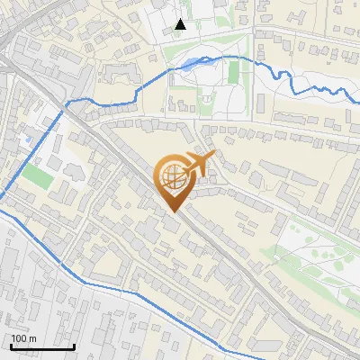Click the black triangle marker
point(180,24)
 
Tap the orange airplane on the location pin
point(196,164)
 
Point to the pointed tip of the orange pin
point(173,211)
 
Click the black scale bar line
point(41,346)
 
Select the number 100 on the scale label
point(20,338)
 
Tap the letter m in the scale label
point(32,338)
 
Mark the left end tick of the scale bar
point(11,345)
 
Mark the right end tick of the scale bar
point(73,345)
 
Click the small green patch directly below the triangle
point(179,42)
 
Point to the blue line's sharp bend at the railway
point(64,111)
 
